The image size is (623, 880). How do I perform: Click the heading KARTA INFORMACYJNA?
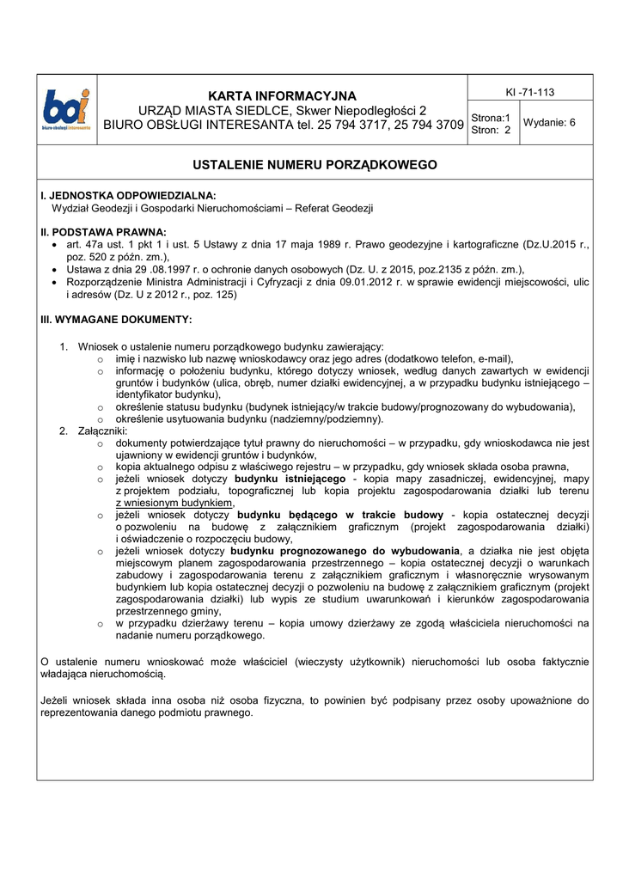[x=282, y=95]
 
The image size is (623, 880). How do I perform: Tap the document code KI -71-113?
[x=529, y=93]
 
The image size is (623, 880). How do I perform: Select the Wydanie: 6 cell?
[x=550, y=123]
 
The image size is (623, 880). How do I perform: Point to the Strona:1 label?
[x=491, y=118]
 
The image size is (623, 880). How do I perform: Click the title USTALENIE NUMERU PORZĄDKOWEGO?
[x=315, y=164]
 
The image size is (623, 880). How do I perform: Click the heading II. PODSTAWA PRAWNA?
[x=103, y=232]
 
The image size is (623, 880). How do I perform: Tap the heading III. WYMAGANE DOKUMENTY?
[x=116, y=319]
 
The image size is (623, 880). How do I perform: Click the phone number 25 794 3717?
[x=355, y=125]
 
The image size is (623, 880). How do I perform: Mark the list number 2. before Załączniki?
[x=64, y=431]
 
